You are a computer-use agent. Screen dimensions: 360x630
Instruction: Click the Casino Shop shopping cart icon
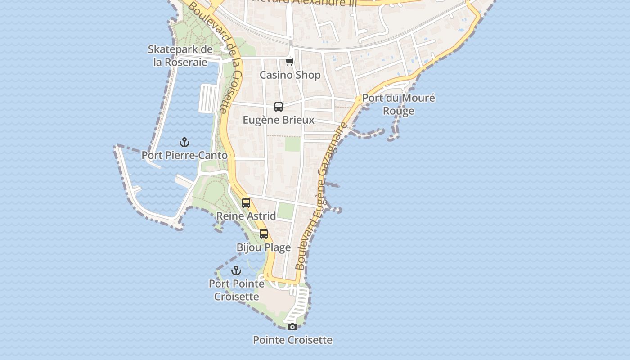(290, 62)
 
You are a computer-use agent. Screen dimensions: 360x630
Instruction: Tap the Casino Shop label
(290, 75)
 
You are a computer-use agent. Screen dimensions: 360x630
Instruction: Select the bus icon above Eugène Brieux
(279, 107)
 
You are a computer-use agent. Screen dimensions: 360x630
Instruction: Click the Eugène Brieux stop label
(279, 120)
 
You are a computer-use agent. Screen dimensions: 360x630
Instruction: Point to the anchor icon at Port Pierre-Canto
(184, 142)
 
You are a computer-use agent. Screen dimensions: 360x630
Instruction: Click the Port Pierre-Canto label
(184, 155)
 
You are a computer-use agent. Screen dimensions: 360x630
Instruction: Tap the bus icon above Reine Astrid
(246, 202)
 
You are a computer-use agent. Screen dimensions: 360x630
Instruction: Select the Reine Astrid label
(246, 216)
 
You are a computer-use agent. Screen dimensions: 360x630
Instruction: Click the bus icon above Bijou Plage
(264, 234)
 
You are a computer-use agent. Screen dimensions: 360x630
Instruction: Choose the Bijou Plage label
(264, 247)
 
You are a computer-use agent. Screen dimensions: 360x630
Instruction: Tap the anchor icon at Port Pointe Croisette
(236, 270)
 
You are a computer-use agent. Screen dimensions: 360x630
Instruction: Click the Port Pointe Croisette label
(237, 290)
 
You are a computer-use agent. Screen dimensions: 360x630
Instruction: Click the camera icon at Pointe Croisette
(292, 327)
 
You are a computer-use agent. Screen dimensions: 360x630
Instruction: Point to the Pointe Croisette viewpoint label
(292, 340)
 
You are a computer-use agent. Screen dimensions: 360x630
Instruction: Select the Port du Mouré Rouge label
(399, 104)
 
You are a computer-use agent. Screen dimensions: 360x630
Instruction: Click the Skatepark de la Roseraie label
(180, 56)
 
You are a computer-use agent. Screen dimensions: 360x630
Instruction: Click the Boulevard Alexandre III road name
(306, 2)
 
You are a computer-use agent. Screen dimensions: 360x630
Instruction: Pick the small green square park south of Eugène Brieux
(292, 144)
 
